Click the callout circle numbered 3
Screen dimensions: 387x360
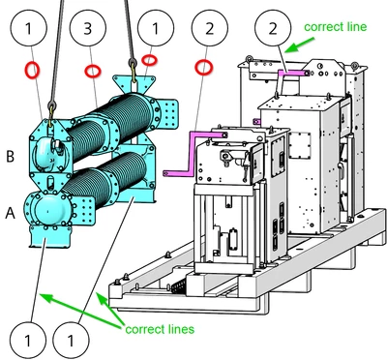click(x=88, y=28)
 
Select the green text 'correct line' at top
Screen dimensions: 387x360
click(x=336, y=27)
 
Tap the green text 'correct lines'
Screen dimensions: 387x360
click(x=160, y=329)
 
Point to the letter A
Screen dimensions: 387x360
click(x=11, y=213)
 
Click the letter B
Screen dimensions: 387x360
click(x=11, y=156)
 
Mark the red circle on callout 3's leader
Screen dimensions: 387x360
click(x=93, y=71)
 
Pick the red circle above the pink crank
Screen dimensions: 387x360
click(x=204, y=68)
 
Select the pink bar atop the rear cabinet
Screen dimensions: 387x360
click(x=293, y=74)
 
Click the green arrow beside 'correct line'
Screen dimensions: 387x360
click(x=300, y=45)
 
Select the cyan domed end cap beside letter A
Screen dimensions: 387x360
click(x=47, y=209)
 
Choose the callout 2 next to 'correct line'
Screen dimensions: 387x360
click(x=273, y=28)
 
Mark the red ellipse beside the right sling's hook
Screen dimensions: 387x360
click(x=150, y=60)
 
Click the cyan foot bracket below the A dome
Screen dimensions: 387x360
click(x=50, y=236)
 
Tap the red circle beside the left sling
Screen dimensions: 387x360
click(x=32, y=70)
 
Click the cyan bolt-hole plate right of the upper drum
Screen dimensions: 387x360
click(x=167, y=114)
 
